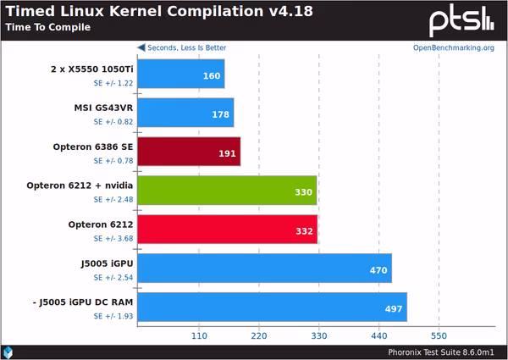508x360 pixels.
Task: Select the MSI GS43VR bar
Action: [185, 113]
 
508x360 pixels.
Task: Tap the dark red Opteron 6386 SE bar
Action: [188, 152]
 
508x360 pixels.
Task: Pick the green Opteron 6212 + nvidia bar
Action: [226, 191]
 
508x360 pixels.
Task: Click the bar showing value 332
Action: [227, 230]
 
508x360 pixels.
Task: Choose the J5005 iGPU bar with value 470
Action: [263, 269]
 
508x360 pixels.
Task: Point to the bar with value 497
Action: [271, 307]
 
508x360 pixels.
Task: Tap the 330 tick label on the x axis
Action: [318, 335]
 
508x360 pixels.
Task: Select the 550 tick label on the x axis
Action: [439, 335]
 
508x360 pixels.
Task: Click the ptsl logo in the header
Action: [463, 19]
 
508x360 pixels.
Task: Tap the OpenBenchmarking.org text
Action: [453, 47]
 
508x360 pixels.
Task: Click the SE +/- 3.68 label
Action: [113, 238]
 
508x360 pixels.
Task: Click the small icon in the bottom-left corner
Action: [8, 352]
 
